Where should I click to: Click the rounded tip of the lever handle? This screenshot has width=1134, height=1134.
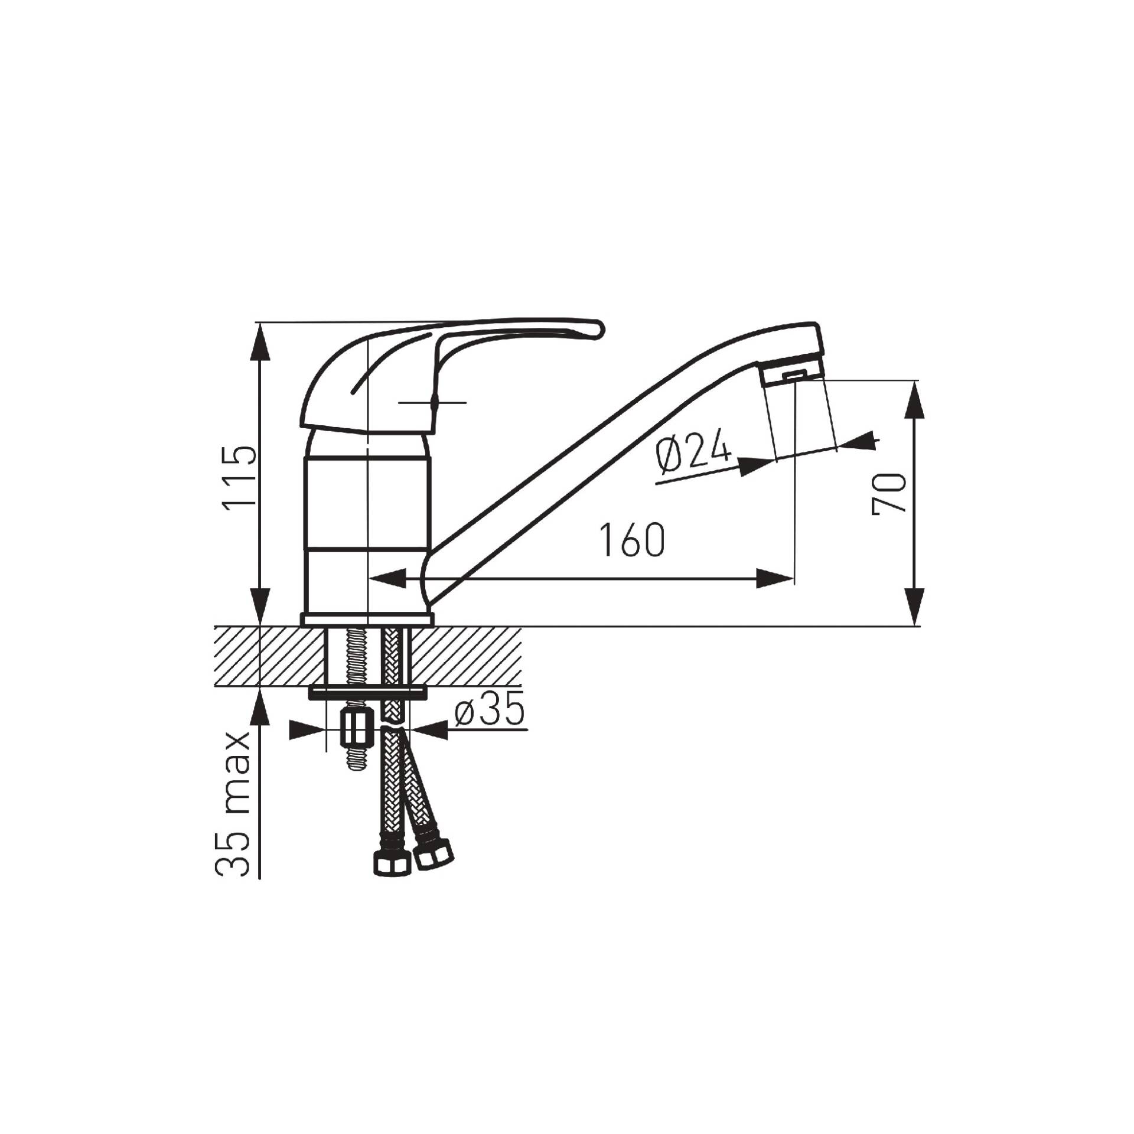coord(598,329)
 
